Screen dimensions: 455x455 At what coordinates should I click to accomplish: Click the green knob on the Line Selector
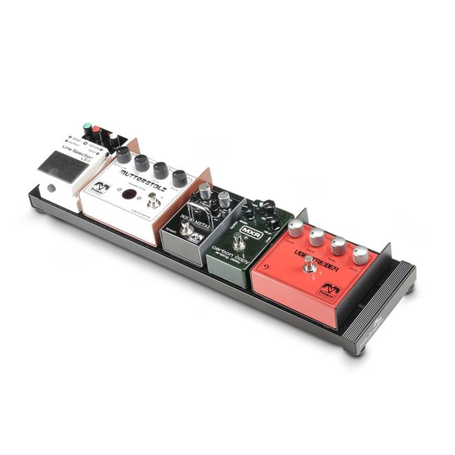[88, 128]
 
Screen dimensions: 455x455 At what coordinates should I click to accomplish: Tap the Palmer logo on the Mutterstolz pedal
[101, 187]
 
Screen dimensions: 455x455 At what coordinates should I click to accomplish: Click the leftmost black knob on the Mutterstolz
[124, 154]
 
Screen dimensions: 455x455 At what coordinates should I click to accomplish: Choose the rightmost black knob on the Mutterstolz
[179, 177]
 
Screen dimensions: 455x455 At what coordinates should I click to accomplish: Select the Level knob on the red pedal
[361, 255]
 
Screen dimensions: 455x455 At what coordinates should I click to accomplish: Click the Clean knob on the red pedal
[296, 228]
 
